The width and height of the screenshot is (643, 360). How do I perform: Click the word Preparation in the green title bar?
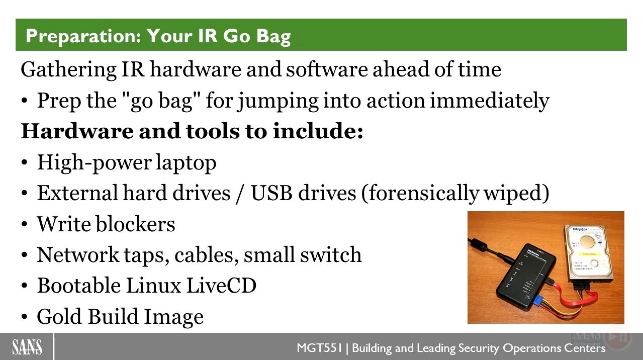tap(83, 36)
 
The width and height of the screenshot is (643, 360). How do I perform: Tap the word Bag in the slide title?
tap(273, 37)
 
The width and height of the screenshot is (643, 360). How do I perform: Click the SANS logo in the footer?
tap(27, 347)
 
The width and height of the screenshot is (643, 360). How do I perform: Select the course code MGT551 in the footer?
tap(319, 348)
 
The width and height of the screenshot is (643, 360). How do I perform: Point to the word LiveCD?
tap(221, 286)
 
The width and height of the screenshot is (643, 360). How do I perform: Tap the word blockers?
tap(135, 224)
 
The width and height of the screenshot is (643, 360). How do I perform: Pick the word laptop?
tap(186, 163)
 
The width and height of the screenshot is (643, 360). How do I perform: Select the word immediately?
tap(490, 101)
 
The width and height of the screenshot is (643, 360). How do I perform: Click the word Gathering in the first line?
tap(68, 70)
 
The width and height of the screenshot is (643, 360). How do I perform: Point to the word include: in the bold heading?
tap(318, 131)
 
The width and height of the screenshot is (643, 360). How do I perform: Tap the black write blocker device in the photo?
tap(526, 278)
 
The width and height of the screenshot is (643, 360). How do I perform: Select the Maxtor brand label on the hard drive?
tap(580, 229)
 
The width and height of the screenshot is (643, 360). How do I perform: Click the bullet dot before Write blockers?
tap(25, 224)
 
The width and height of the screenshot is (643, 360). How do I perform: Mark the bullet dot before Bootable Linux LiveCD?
tap(25, 286)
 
